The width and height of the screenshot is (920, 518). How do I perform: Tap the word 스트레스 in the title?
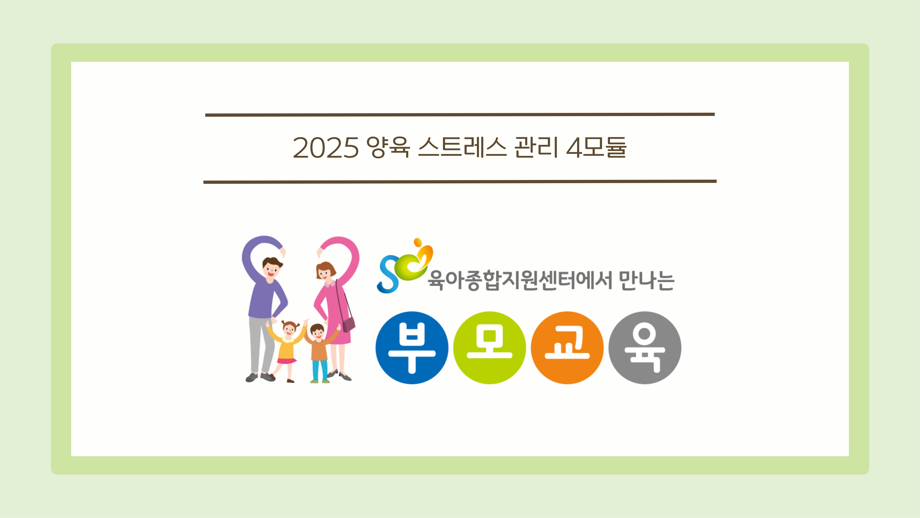(462, 147)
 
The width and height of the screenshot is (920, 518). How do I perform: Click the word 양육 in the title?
(388, 147)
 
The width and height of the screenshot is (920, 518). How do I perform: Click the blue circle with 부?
(412, 348)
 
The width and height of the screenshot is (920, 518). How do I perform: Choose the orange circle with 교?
(567, 348)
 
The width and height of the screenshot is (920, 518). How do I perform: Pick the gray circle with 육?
(645, 348)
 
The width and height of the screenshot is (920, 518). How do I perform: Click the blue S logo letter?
(388, 275)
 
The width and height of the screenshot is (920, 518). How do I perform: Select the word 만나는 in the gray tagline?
(646, 281)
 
